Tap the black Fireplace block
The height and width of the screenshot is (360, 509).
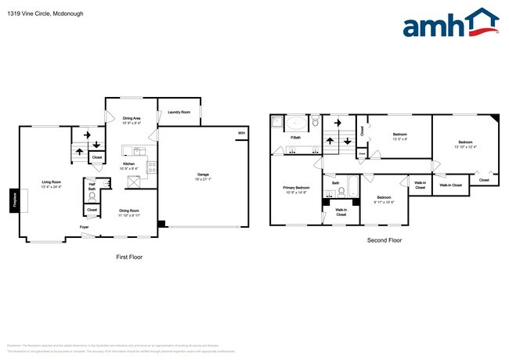(13, 201)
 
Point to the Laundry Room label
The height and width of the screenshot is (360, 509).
(179, 112)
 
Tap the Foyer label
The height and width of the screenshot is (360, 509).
(84, 228)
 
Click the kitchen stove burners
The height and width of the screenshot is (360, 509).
(151, 166)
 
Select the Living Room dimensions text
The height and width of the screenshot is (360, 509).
(52, 186)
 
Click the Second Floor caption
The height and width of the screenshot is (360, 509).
(384, 240)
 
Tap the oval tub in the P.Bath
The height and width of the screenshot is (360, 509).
(296, 123)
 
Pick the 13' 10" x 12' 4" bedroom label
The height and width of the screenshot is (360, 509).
(465, 145)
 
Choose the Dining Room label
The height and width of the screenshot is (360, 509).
(129, 212)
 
